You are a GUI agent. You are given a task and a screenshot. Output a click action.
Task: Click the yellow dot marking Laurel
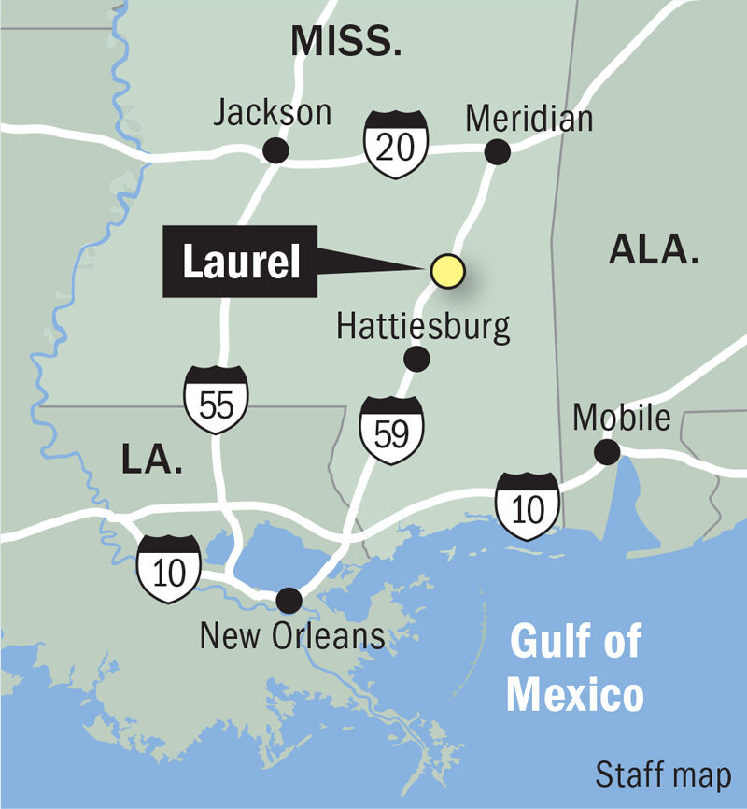tap(447, 270)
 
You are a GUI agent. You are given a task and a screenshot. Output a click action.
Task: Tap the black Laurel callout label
tap(241, 263)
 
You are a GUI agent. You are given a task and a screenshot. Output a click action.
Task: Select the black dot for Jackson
tap(275, 150)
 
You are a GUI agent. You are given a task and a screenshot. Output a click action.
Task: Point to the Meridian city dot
tap(497, 150)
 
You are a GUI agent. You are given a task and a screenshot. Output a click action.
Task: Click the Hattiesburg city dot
tap(416, 358)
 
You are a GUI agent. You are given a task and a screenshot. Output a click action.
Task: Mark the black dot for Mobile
tap(608, 453)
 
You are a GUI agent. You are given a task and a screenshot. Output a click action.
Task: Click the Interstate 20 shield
tap(397, 145)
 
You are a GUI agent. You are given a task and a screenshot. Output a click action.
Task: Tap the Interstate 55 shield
tap(216, 400)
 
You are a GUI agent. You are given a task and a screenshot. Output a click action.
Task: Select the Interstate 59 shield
tap(392, 430)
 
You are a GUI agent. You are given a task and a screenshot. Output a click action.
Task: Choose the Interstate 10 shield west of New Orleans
tap(168, 568)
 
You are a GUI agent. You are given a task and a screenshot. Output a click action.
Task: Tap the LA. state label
tap(151, 459)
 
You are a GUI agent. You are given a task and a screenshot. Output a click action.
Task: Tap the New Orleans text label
tap(292, 636)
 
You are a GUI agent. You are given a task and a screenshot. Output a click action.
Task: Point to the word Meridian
tap(529, 119)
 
